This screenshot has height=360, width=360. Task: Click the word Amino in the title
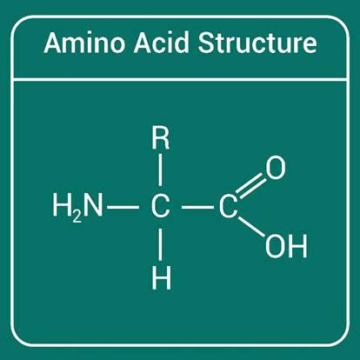click(84, 43)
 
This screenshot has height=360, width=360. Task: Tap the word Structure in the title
click(257, 43)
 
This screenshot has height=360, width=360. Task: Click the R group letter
click(161, 139)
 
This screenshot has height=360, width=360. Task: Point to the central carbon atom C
click(160, 207)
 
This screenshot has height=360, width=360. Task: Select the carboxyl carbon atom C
click(229, 207)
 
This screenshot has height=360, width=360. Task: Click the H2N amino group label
click(77, 207)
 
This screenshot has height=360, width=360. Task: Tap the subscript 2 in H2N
click(77, 217)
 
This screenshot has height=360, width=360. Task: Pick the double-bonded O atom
click(276, 168)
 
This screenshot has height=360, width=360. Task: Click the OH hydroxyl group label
click(286, 246)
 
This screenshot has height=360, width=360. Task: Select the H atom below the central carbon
click(162, 279)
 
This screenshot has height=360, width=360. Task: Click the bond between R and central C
click(161, 170)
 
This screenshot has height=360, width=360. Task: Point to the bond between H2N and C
click(123, 207)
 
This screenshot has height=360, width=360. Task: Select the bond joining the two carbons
click(197, 207)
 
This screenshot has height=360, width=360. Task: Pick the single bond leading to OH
click(251, 227)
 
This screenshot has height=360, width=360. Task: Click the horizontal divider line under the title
click(180, 79)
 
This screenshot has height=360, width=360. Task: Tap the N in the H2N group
click(93, 205)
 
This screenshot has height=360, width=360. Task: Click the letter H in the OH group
click(298, 246)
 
